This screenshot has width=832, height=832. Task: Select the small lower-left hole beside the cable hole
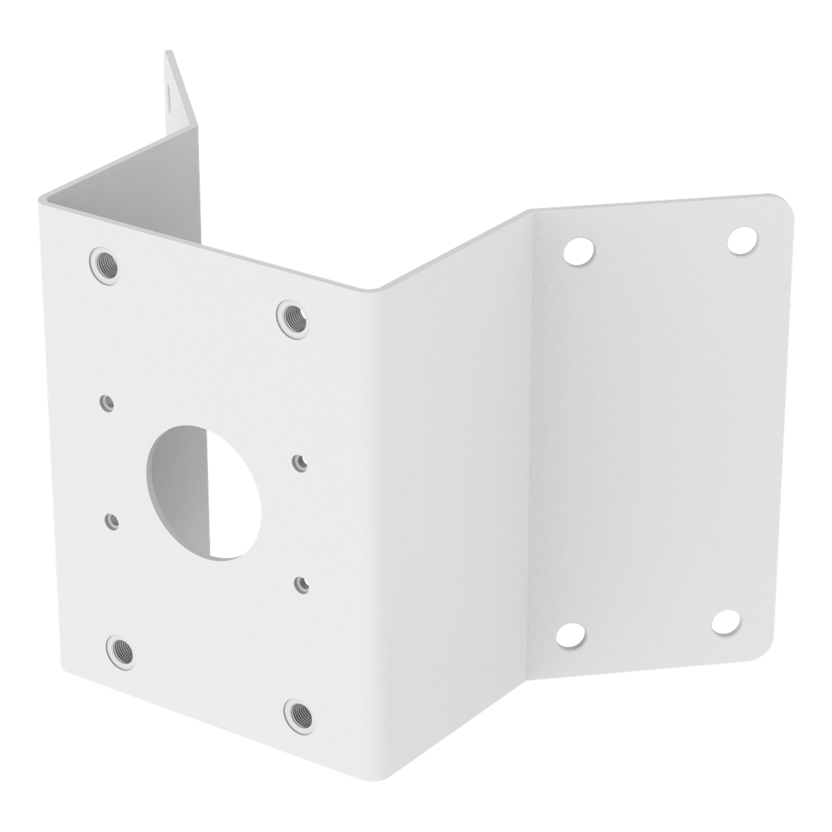click(x=111, y=519)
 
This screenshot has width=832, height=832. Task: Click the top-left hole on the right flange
click(x=578, y=250)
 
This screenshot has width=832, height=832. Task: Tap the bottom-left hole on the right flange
click(x=570, y=635)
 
